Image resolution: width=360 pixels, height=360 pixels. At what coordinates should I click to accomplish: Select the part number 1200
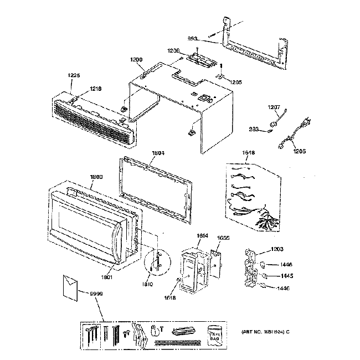click(x=136, y=59)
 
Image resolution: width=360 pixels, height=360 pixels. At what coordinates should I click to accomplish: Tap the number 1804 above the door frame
click(x=158, y=152)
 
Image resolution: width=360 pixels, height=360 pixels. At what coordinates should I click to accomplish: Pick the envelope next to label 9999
click(x=71, y=286)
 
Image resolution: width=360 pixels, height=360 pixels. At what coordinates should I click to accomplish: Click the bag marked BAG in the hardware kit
click(x=215, y=335)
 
